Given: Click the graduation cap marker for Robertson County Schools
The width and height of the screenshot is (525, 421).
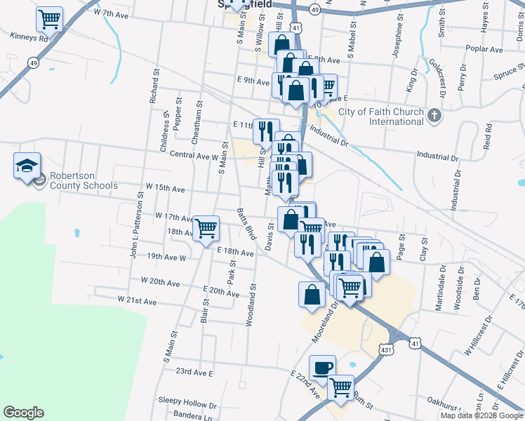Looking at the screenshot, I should [27, 166].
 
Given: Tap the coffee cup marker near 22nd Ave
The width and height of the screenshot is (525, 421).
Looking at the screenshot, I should [323, 368].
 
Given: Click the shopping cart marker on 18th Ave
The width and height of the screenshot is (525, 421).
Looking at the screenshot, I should [206, 227].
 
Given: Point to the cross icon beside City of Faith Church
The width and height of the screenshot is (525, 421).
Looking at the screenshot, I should [434, 115].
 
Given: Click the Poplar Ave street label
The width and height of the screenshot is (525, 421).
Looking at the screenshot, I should [487, 50].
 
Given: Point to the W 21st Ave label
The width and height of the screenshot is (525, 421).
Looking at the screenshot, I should [137, 300].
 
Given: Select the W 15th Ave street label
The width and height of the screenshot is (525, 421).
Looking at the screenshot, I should [164, 189].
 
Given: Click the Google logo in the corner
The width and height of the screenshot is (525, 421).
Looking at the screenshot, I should [23, 413].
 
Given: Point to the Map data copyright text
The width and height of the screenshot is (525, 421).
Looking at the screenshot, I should [482, 415].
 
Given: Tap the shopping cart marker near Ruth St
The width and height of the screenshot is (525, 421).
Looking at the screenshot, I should [341, 386].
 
